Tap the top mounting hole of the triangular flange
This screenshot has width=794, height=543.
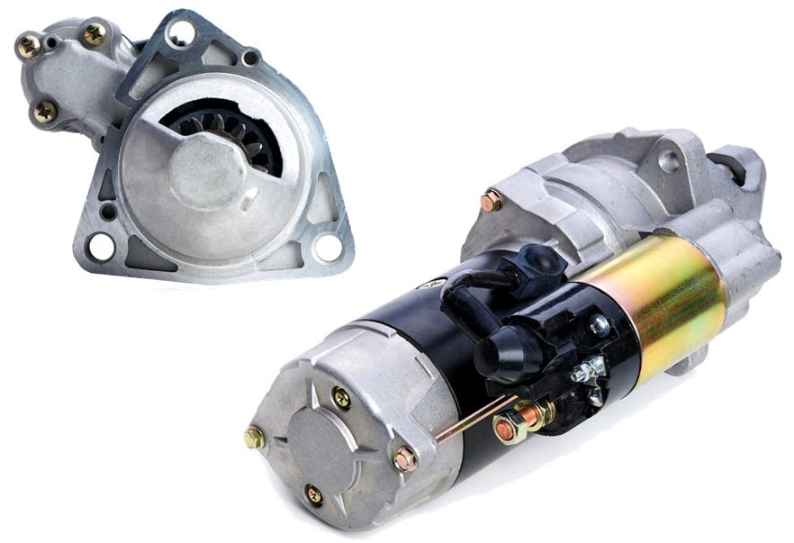pos(180,34)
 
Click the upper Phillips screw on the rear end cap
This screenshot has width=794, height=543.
pos(341,396)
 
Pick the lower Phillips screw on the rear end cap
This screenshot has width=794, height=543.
pos(313,493)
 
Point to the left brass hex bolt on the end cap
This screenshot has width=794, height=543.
pos(255,438)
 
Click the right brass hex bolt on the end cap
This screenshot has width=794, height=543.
pos(405,459)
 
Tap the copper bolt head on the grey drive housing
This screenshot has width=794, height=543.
pos(492,201)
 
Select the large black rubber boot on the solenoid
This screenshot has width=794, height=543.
pos(509,348)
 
